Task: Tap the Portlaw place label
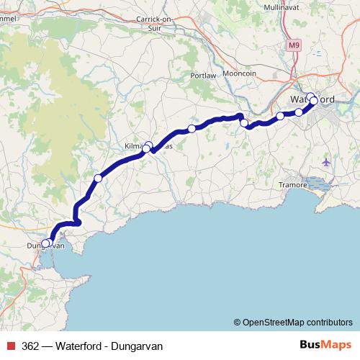point(204,76)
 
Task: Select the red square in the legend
point(9,344)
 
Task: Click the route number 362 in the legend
point(30,344)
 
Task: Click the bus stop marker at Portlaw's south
point(192,129)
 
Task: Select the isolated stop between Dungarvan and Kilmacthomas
point(98,178)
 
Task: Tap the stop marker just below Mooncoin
point(244,123)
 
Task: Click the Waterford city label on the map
point(311,99)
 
